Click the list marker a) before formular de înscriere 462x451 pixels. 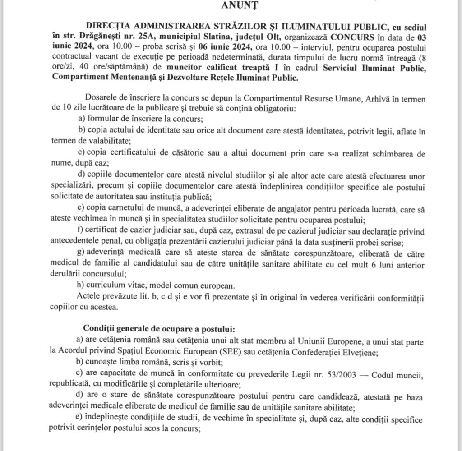(x=82, y=119)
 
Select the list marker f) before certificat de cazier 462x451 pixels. (x=81, y=232)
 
